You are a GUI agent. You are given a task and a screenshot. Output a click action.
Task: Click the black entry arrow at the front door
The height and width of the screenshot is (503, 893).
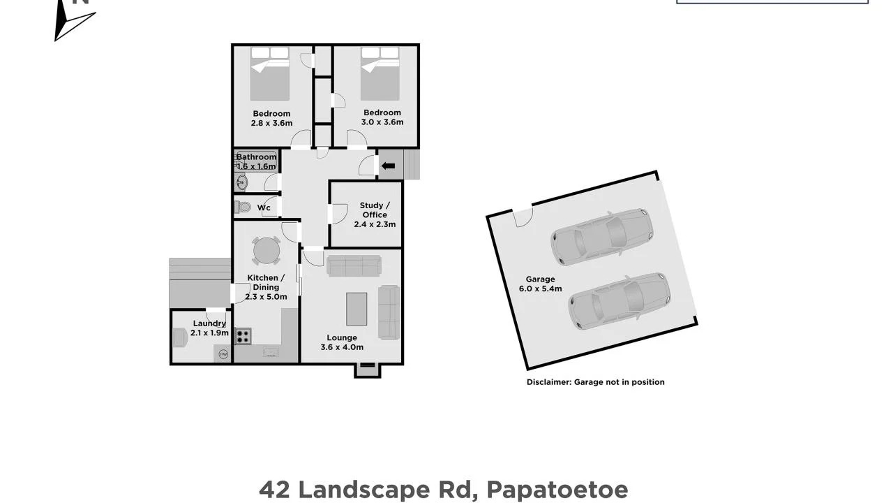coord(389,166)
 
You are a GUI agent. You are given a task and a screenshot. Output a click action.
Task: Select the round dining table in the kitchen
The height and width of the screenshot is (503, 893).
coord(267,251)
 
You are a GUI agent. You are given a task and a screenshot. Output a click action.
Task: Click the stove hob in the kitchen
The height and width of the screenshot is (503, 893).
coord(243,336)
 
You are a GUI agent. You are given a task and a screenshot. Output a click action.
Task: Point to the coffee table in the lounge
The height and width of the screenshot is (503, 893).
coord(357,309)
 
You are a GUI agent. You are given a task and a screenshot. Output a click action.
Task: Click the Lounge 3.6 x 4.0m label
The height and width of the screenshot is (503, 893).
coord(342,342)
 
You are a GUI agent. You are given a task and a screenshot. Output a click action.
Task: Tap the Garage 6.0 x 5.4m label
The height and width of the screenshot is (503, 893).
coord(540,284)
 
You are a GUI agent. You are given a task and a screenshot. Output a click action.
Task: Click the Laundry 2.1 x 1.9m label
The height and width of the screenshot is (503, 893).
coord(209,328)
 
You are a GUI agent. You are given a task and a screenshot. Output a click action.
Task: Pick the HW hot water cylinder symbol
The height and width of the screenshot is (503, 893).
coord(224,354)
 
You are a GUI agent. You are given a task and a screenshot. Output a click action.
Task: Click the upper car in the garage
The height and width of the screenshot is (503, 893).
coord(602,237)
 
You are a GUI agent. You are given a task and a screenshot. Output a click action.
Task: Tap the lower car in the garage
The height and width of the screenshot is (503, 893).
coord(620,301)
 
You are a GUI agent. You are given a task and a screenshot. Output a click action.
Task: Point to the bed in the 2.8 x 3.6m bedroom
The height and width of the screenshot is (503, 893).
coord(270,74)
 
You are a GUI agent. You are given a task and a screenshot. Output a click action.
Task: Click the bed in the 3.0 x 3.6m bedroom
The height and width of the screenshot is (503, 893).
coord(380,74)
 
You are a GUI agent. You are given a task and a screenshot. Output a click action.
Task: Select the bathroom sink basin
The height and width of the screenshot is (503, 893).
coord(242,183)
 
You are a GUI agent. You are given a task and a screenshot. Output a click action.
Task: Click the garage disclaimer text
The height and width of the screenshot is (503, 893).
coord(596,382)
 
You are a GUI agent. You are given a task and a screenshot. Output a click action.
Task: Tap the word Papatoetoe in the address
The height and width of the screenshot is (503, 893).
coord(557,490)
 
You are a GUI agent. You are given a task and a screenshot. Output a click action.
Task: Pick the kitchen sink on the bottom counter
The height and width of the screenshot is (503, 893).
coord(271,351)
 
